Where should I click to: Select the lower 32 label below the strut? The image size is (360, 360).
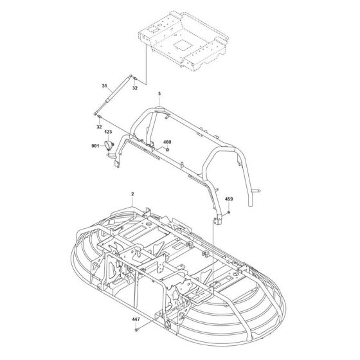tap(99, 127)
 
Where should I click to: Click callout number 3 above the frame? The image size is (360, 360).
tap(158, 94)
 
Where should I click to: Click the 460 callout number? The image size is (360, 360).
tap(167, 142)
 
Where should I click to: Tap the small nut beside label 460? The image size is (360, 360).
tap(167, 150)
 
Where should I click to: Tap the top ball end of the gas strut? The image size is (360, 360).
tap(134, 77)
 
